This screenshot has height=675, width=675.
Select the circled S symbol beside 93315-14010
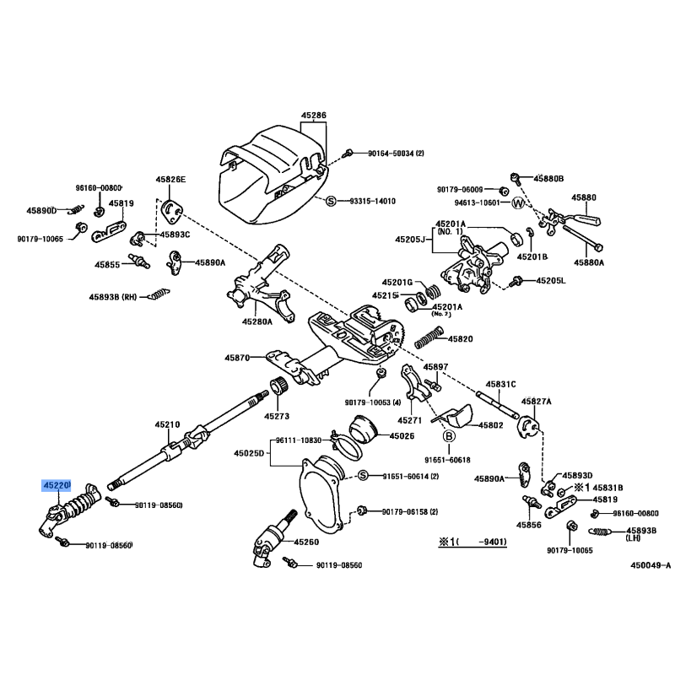[x=331, y=201]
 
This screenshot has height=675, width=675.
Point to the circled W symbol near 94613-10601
[x=519, y=202]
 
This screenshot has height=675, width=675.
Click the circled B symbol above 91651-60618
[x=450, y=435]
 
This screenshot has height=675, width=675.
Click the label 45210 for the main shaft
[x=167, y=424]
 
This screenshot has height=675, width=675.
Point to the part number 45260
[x=306, y=541]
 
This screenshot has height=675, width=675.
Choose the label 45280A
[x=257, y=321]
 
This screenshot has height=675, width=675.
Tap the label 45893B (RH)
[x=113, y=296]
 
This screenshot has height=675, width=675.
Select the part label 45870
[x=237, y=358]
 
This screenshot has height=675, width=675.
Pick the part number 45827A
[x=536, y=402]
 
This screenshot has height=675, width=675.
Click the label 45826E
[x=170, y=180]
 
